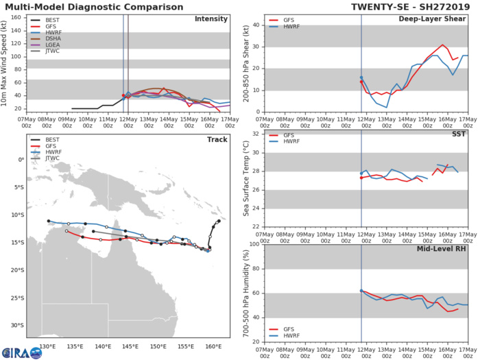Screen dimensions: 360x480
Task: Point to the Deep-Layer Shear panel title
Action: pyautogui.click(x=442, y=19)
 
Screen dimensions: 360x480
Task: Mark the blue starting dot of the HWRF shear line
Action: pyautogui.click(x=361, y=77)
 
